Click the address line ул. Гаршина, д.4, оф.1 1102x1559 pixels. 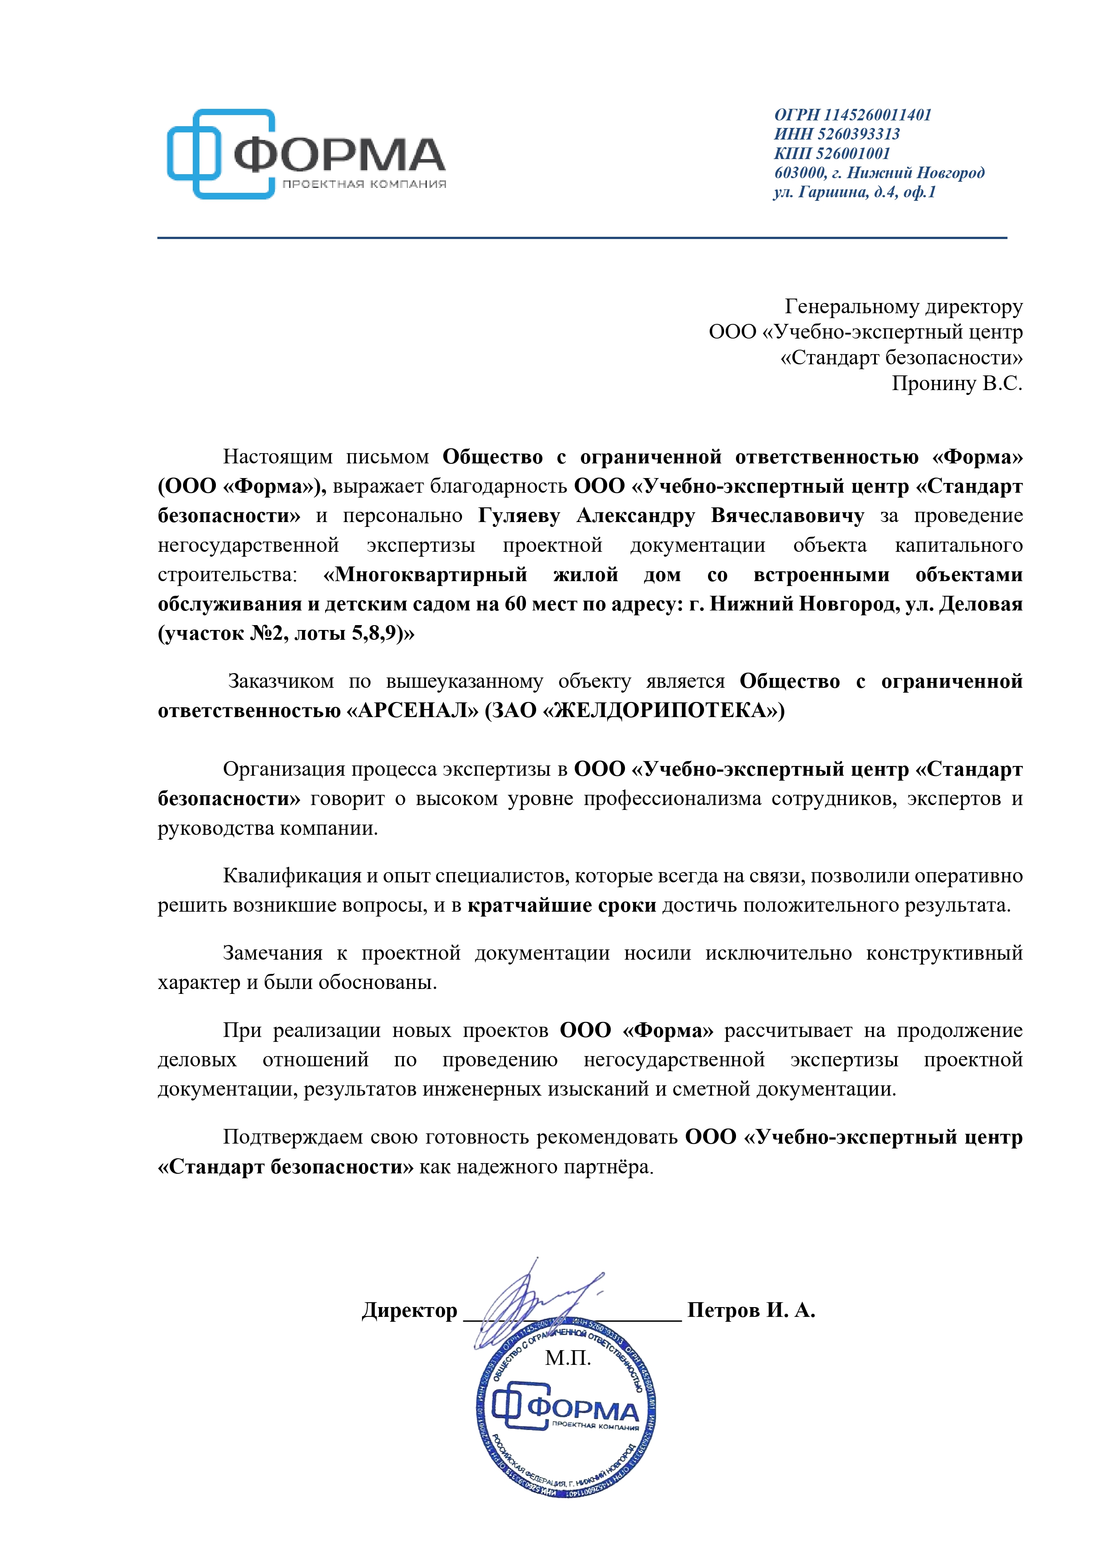click(x=854, y=192)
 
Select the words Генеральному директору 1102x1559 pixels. click(x=903, y=307)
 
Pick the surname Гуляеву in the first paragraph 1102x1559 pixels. click(x=519, y=516)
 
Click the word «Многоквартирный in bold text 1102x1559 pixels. click(x=425, y=575)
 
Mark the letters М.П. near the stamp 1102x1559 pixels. click(x=568, y=1358)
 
